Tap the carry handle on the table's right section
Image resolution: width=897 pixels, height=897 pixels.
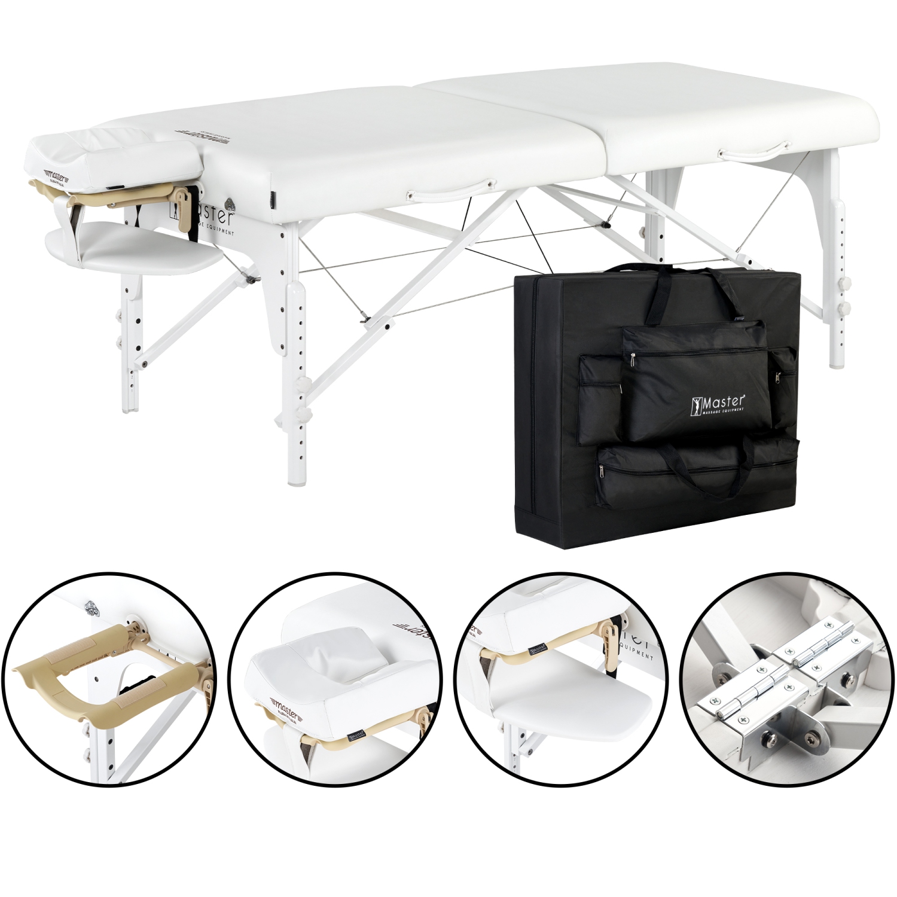point(755,149)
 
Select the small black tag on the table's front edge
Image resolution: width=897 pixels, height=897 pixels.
point(273,198)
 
